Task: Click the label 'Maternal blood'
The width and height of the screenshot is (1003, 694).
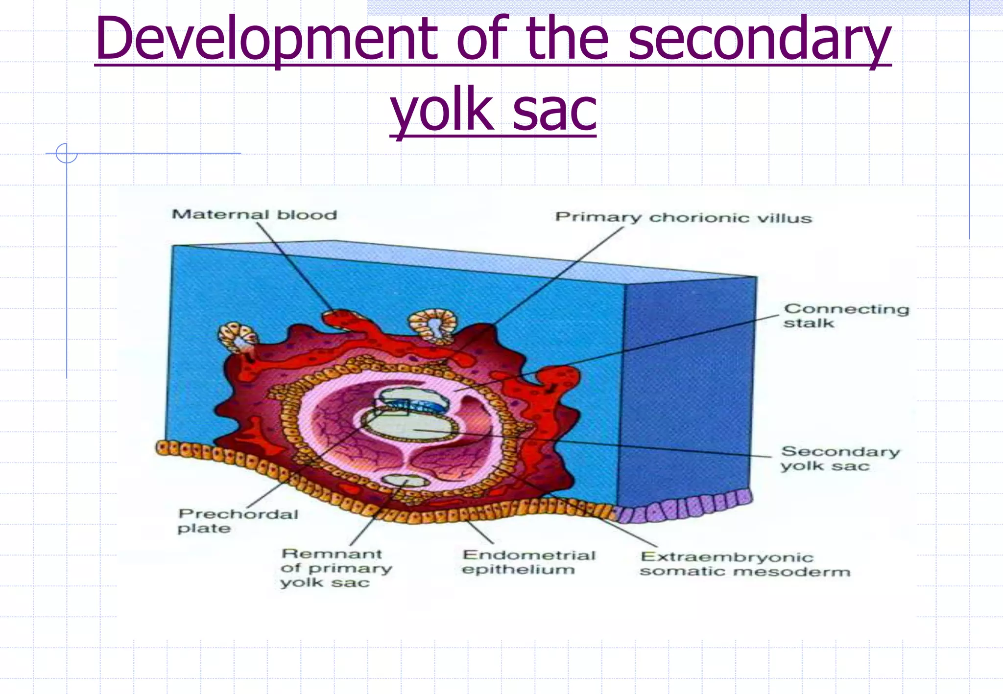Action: point(254,215)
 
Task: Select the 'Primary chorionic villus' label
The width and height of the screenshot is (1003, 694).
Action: point(683,218)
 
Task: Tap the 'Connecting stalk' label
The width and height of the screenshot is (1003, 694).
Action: point(846,316)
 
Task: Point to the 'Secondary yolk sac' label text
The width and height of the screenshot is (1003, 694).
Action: point(840,459)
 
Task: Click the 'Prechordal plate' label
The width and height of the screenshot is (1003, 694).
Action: point(238,521)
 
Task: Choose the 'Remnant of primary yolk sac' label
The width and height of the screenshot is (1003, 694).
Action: point(336,568)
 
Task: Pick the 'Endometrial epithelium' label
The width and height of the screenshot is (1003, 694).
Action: point(528,562)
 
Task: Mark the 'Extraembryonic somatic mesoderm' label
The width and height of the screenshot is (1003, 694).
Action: point(744,564)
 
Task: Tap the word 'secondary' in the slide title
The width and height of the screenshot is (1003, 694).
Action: point(759,39)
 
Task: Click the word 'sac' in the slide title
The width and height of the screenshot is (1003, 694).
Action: point(554,110)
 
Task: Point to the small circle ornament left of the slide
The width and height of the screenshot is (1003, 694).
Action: point(67,153)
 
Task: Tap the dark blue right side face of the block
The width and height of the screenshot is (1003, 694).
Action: point(688,392)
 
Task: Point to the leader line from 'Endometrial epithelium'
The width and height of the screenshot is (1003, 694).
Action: point(479,532)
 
